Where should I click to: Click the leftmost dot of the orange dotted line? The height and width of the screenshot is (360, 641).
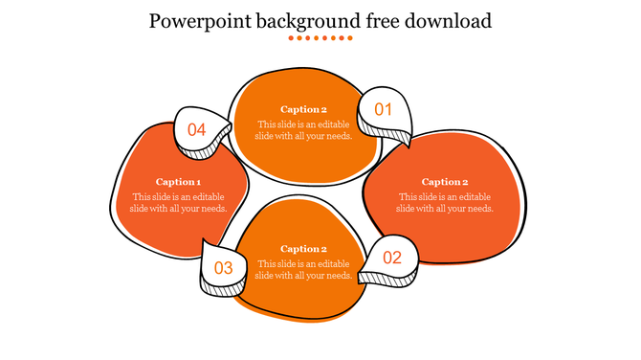tap(291, 38)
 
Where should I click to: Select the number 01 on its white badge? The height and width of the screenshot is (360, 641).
tap(384, 110)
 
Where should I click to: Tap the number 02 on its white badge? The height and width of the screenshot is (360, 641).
tap(392, 258)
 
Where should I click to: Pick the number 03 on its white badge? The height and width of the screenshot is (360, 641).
tap(223, 268)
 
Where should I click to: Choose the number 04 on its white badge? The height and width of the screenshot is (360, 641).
tap(197, 129)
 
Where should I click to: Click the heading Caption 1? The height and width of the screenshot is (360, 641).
tap(178, 182)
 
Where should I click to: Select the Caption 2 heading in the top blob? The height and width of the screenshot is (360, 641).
tap(303, 109)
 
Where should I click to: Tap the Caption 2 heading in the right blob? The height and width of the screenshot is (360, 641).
tap(445, 182)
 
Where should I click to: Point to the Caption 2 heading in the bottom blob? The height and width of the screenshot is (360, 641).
tap(303, 249)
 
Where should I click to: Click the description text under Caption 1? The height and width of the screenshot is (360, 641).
tap(179, 203)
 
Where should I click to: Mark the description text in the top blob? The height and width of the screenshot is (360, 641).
tap(303, 130)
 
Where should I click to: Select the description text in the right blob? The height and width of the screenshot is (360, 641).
tap(445, 203)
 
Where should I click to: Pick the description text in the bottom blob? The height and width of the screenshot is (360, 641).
tap(303, 270)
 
